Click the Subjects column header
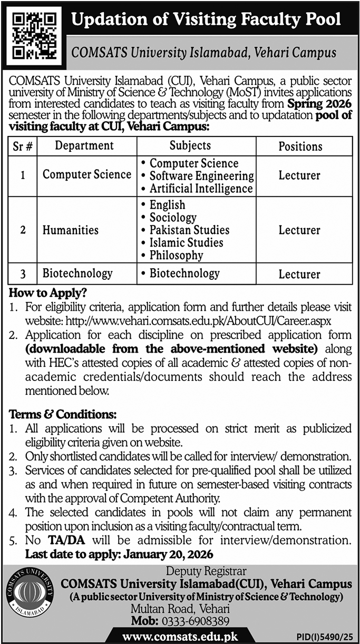(x=190, y=145)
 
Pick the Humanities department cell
(x=71, y=230)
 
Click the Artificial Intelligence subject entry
(x=201, y=188)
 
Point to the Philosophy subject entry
(x=176, y=256)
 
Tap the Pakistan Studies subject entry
(x=189, y=230)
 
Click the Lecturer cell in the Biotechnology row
(x=299, y=274)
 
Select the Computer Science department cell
(x=87, y=175)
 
